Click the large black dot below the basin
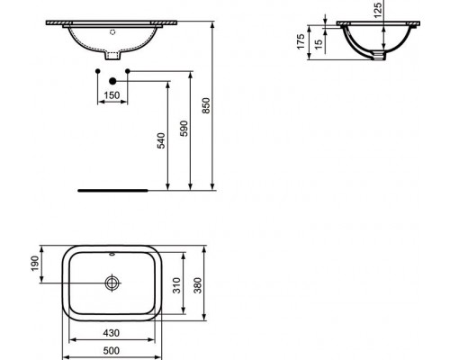click(x=113, y=80)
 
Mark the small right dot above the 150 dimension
click(x=129, y=69)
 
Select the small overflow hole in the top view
click(x=112, y=256)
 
